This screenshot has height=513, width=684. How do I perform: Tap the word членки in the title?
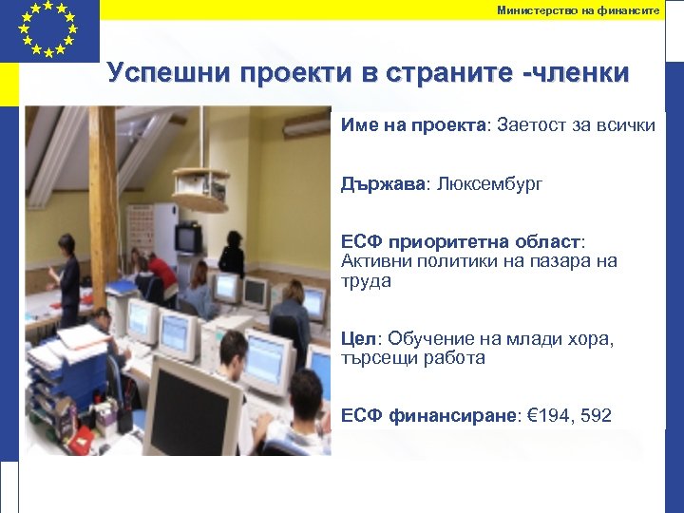[580, 73]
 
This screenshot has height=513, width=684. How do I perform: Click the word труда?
[366, 282]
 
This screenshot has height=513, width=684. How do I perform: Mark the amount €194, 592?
[569, 416]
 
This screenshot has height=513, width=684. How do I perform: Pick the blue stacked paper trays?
[57, 380]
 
